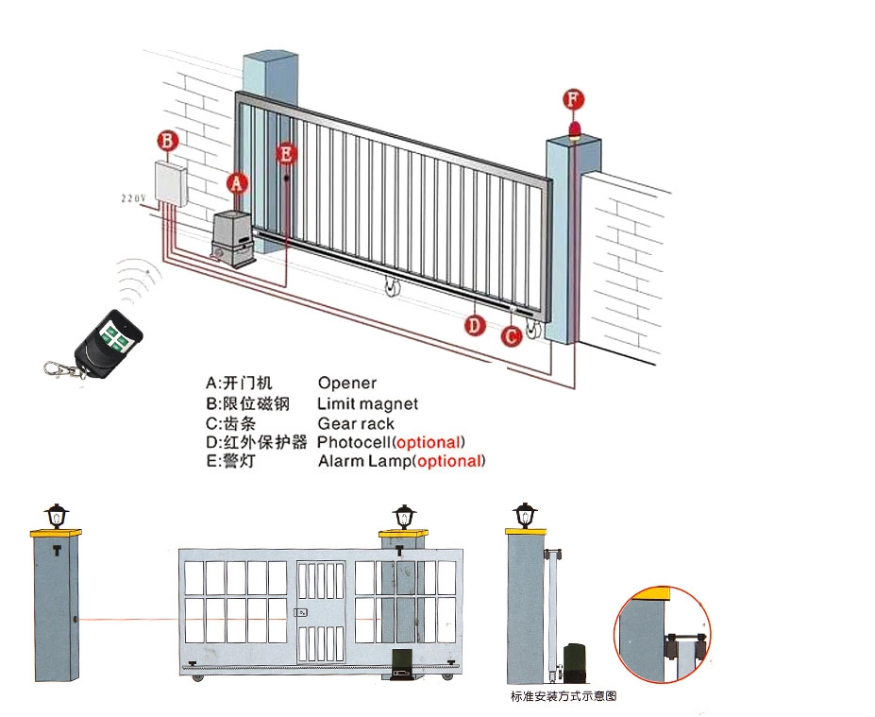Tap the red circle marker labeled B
coord(167,142)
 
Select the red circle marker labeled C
coord(511,335)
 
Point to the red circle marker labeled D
coord(475,325)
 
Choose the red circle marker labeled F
coord(573,99)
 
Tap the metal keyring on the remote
coord(59,368)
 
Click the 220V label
coord(133,198)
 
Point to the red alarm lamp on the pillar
coord(574,130)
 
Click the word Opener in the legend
coord(346,384)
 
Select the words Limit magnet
coord(367,404)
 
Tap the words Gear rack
coord(356,424)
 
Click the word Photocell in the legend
coord(355,442)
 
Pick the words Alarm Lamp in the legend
coord(365,462)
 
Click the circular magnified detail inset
coord(662,634)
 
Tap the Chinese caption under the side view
coord(564,697)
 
